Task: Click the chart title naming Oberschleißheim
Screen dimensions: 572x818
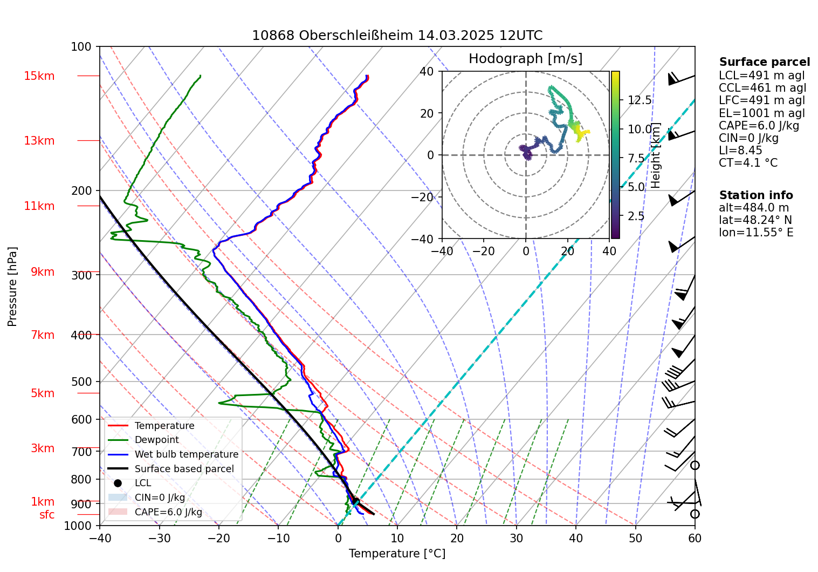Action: pos(397,36)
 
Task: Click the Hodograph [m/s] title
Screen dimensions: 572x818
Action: pos(525,58)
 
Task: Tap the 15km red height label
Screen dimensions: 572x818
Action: pos(39,76)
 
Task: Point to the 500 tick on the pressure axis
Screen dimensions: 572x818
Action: pos(81,382)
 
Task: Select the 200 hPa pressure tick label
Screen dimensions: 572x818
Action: pos(81,190)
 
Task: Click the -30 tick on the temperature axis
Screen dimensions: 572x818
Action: pos(159,538)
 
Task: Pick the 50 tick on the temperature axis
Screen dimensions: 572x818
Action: pos(635,538)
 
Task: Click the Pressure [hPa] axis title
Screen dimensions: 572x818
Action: pos(12,286)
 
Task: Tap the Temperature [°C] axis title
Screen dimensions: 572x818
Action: pos(397,554)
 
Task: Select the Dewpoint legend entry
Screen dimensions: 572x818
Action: pos(156,440)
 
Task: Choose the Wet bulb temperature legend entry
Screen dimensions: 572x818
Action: pos(186,454)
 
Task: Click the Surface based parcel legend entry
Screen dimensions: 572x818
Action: pos(184,469)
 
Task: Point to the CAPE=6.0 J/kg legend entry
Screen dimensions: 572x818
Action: pos(168,512)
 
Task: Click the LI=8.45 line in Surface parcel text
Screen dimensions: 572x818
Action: pos(740,150)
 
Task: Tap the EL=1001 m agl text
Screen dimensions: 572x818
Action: pos(761,113)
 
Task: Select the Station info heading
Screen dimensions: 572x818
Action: pos(755,195)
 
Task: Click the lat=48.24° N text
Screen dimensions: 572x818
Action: pos(755,220)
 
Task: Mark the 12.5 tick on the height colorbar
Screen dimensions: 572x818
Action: pos(640,100)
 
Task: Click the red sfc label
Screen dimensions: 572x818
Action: pos(47,515)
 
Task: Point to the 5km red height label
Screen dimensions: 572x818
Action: pos(43,393)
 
